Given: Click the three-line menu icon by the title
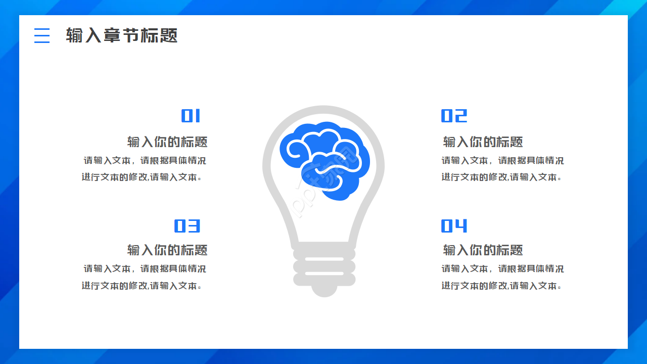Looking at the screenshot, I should pos(42,35).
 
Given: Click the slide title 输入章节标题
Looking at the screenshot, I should pos(122,35).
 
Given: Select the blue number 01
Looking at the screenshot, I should pos(191,116).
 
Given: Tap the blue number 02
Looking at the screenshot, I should pos(454,116).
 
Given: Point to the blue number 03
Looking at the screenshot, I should pos(187,226).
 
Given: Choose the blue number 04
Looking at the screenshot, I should pos(454,226).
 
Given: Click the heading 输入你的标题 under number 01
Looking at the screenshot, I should pos(167,142).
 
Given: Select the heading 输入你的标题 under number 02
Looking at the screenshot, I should pos(483,142).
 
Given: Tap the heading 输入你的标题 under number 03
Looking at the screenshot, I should pos(167,250).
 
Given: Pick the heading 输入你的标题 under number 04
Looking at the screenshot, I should pos(483,250).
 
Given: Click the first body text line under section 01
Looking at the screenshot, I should pos(145,161).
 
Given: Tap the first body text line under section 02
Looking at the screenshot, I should pos(502,161).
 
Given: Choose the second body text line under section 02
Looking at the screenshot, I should pos(501,177).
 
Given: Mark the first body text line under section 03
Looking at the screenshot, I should pos(145,269).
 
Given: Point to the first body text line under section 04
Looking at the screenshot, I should pos(502,269).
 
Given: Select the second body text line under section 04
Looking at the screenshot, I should pos(501,286).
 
